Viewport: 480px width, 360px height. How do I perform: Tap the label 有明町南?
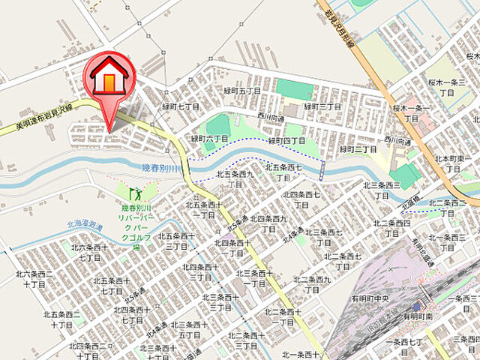pyautogui.click(x=414, y=317)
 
